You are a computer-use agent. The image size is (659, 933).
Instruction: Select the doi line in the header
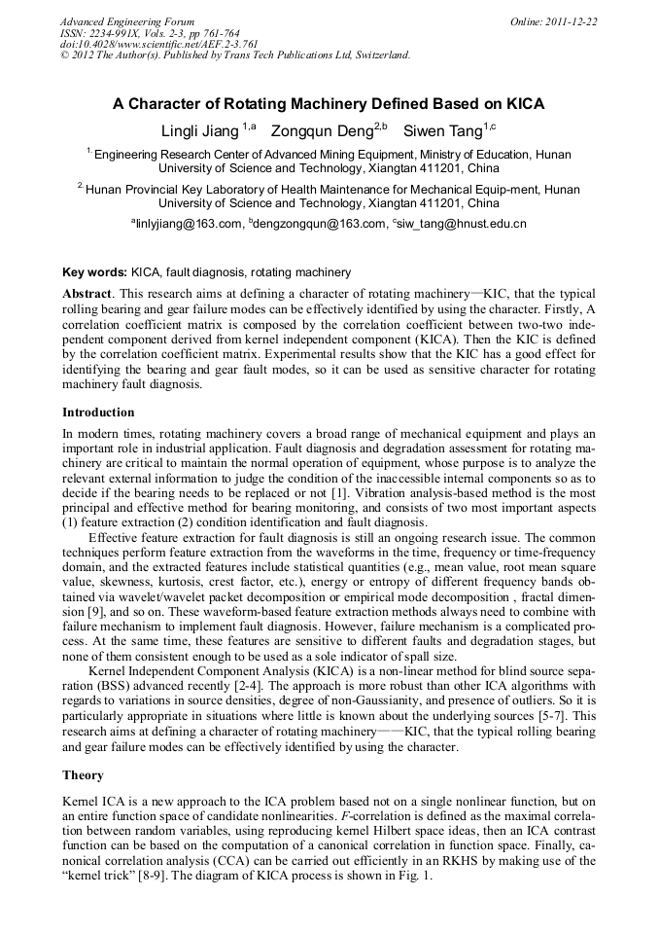(159, 44)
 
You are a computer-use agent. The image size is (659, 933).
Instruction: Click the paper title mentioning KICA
(329, 104)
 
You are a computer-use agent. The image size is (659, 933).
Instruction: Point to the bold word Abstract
(87, 294)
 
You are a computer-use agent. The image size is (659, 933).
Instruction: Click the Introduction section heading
(98, 413)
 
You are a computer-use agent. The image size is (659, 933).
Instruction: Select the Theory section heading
(83, 775)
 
